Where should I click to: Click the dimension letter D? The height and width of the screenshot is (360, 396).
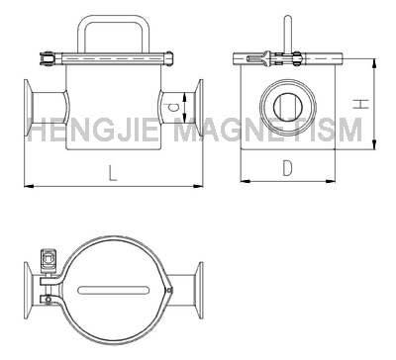[287, 167]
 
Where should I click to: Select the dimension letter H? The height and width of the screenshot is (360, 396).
[360, 104]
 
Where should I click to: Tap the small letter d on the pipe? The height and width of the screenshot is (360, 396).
[173, 107]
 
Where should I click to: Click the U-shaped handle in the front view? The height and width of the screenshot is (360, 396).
[114, 19]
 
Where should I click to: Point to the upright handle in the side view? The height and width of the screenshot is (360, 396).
[288, 34]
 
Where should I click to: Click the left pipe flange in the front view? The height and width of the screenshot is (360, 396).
[28, 108]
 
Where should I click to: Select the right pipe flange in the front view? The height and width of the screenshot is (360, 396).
[200, 108]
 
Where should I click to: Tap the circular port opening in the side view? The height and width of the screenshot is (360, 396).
[288, 107]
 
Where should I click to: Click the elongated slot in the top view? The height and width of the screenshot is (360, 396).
[113, 290]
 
